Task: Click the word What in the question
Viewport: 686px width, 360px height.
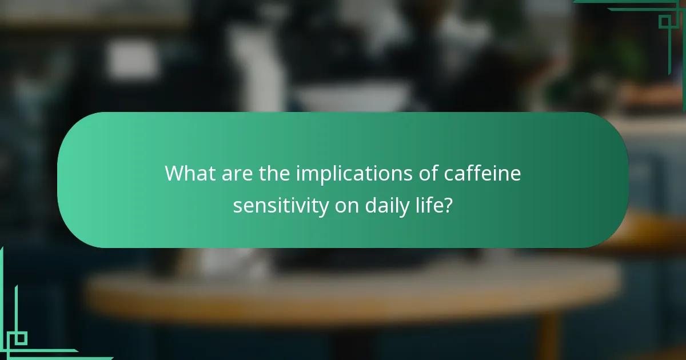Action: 189,173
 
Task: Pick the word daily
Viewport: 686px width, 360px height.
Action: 385,206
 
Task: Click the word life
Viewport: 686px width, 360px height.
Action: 428,206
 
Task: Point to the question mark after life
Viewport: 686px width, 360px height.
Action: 449,206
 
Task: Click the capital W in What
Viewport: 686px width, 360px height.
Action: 174,173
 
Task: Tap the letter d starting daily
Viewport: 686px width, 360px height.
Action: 370,206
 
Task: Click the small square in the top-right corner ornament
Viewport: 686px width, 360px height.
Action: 664,22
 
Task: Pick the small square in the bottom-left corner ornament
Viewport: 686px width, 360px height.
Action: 21,338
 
